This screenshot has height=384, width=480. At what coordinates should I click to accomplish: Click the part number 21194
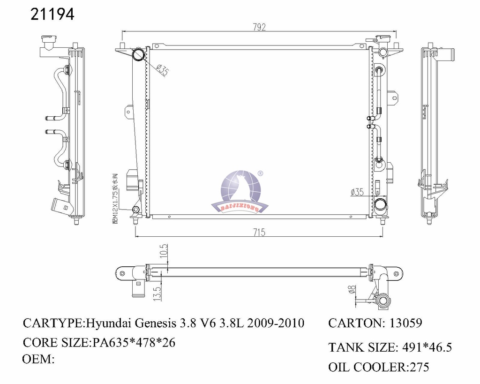coord(52,15)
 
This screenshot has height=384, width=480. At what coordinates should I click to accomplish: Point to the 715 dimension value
coord(259,232)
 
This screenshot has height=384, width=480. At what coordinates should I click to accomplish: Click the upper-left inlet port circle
coord(139,55)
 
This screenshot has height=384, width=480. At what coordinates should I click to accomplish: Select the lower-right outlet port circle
coord(380,204)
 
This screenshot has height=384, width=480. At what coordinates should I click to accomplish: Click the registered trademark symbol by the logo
coord(261,173)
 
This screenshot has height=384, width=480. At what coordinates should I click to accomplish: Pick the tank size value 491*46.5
coord(427,347)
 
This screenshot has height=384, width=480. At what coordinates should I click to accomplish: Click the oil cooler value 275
coord(419,367)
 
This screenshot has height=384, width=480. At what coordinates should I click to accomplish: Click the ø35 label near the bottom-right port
coord(357,192)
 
